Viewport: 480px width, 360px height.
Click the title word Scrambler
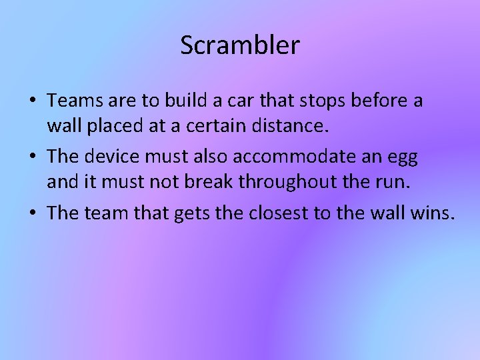[x=240, y=45]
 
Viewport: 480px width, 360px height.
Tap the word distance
[x=287, y=125]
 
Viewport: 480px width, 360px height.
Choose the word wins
[x=437, y=215]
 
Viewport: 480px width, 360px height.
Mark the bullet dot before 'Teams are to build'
[x=33, y=102]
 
